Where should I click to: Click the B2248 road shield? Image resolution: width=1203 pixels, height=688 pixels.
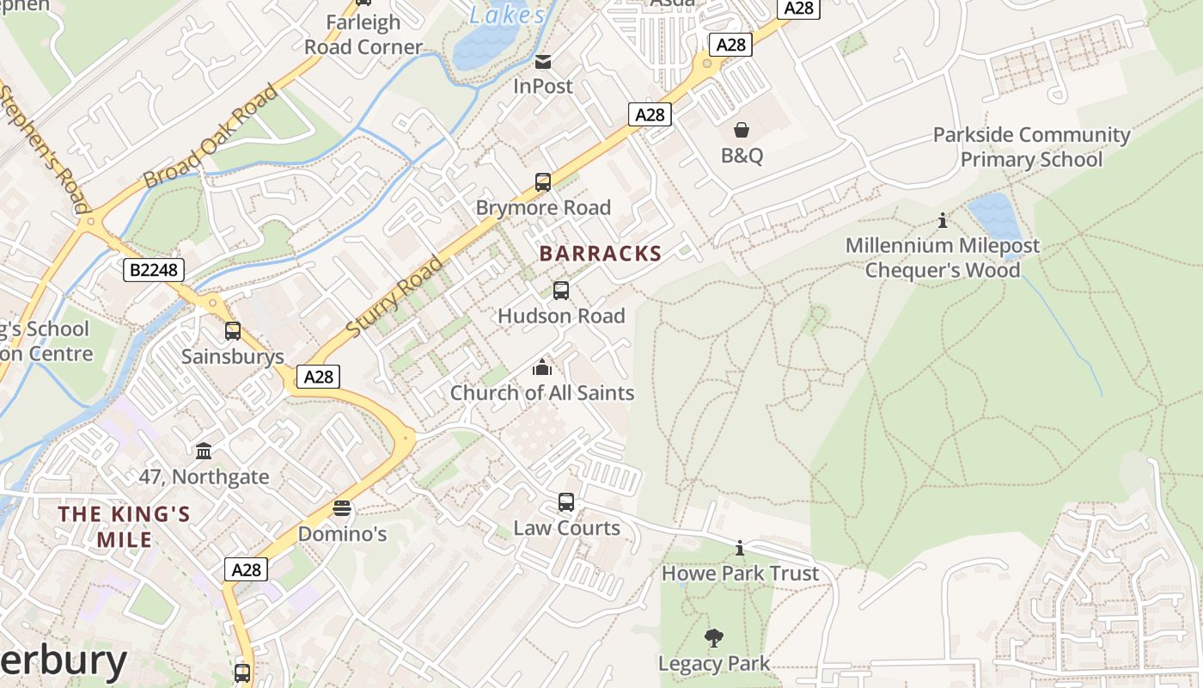click(x=155, y=270)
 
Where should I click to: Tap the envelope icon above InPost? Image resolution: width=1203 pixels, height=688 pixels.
click(x=543, y=62)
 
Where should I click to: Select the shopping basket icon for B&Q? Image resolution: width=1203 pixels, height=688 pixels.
click(x=742, y=130)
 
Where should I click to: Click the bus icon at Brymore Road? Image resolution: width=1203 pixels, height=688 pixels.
click(x=543, y=182)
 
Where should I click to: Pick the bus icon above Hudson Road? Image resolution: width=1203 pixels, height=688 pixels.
click(x=561, y=291)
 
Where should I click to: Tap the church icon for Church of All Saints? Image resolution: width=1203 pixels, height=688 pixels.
click(x=542, y=368)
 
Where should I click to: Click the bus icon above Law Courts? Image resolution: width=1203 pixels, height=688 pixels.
click(x=566, y=502)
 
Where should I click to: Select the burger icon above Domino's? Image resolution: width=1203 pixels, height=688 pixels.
click(x=342, y=508)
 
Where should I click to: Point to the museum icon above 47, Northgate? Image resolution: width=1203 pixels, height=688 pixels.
click(x=204, y=451)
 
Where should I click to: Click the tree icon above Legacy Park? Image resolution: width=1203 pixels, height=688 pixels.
click(x=713, y=638)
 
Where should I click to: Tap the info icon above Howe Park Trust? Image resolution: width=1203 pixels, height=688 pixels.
click(x=740, y=548)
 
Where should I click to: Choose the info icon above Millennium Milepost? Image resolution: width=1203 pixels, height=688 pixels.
click(x=943, y=221)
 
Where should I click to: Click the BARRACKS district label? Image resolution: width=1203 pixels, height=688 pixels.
click(x=600, y=254)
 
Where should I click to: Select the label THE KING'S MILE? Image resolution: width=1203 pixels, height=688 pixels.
click(x=125, y=526)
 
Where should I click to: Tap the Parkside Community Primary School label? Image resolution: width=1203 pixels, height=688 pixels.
click(x=1031, y=147)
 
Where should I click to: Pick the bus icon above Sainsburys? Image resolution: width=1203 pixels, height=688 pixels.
click(x=232, y=331)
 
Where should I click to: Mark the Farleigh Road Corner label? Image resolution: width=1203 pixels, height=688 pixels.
click(x=363, y=34)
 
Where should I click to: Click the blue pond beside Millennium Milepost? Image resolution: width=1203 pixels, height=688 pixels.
click(x=994, y=217)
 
